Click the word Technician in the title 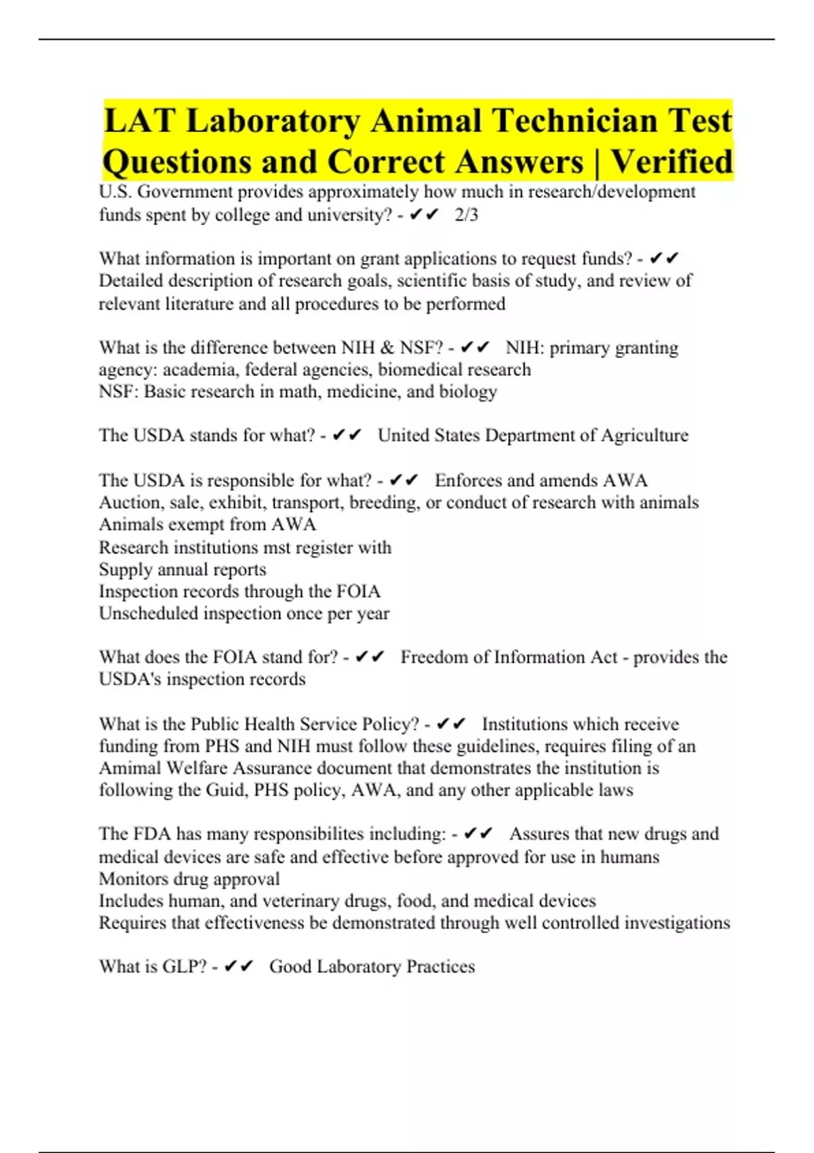pyautogui.click(x=575, y=121)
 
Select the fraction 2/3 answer pyautogui.click(x=466, y=215)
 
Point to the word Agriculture pyautogui.click(x=644, y=435)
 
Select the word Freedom pyautogui.click(x=433, y=657)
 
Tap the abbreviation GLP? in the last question pyautogui.click(x=184, y=966)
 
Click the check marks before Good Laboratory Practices pyautogui.click(x=238, y=966)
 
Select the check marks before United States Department pyautogui.click(x=347, y=435)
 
